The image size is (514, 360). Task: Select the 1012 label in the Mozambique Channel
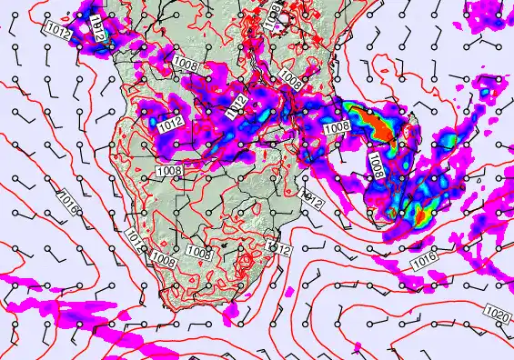pos(312,197)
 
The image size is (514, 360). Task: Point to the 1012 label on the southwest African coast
pos(134,239)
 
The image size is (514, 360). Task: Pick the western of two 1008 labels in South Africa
pos(163,261)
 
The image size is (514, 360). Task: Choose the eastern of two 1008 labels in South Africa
pos(198,250)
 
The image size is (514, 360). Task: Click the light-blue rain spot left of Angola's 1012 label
pos(147,115)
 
